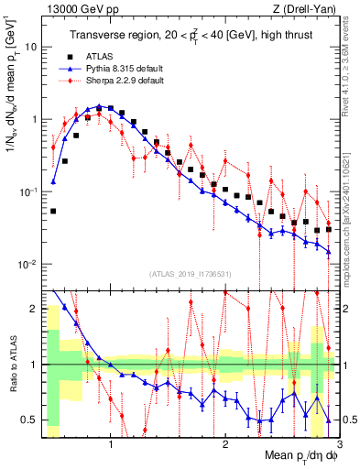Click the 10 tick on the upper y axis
(x=30, y=46)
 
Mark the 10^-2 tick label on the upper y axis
(x=27, y=264)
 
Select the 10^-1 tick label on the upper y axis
(x=27, y=191)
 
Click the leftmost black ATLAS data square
(x=53, y=211)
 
